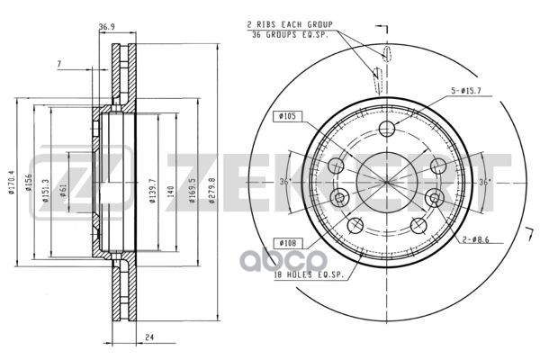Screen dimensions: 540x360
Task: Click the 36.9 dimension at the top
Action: point(107,26)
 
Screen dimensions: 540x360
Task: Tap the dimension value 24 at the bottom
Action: point(149,337)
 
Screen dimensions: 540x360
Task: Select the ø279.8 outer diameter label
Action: point(211,190)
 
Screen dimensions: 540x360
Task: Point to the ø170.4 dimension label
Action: point(12,183)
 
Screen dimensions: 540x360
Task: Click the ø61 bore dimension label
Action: point(63,190)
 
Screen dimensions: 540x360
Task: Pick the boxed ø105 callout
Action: point(287,116)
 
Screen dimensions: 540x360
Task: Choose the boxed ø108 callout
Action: point(288,243)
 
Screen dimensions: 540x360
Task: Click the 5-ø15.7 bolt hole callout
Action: point(466,91)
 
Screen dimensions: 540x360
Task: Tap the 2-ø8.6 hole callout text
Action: point(475,239)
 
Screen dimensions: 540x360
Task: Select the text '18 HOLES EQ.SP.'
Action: point(309,274)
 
